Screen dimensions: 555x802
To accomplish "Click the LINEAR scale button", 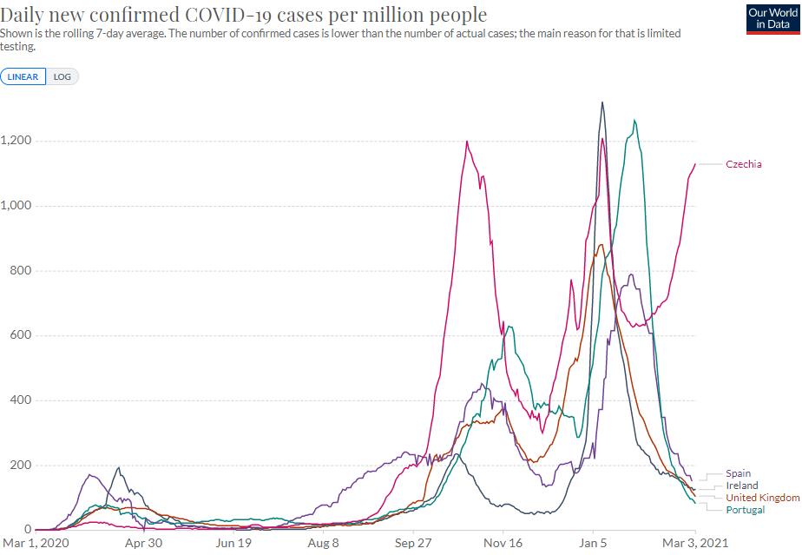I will tap(23, 76).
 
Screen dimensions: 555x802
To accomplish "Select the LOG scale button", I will tap(62, 76).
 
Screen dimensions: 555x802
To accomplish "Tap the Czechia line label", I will tap(744, 164).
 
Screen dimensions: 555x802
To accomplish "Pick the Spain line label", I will tap(738, 473).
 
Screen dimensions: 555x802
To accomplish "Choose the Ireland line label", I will tap(742, 486).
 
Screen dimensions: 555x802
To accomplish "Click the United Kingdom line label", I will tap(762, 498).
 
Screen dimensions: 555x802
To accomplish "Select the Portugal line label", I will tap(746, 510).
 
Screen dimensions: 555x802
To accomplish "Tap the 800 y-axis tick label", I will tap(20, 271).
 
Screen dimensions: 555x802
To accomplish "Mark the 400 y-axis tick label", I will tap(20, 400).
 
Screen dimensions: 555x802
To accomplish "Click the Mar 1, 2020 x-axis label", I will tap(35, 544).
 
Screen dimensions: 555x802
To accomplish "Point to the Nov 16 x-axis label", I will tap(503, 544).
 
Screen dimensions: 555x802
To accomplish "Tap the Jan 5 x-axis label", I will tap(594, 544).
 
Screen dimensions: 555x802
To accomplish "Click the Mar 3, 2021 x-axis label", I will tap(694, 544).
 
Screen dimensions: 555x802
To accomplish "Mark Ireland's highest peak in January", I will tap(602, 102).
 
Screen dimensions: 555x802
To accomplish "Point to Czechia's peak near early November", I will tap(467, 142).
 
